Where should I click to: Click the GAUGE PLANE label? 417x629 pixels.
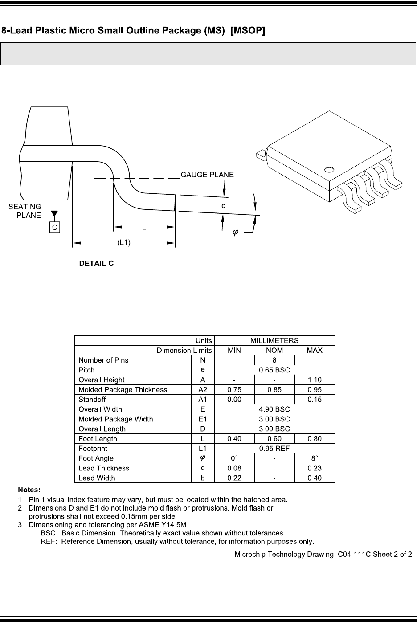(x=207, y=175)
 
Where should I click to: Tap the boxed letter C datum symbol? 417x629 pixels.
(x=55, y=227)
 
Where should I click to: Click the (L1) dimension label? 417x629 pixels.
(x=123, y=243)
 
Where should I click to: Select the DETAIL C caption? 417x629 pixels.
(x=96, y=264)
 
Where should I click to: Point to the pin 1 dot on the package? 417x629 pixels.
(x=329, y=169)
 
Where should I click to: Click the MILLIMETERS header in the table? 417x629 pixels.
(x=274, y=340)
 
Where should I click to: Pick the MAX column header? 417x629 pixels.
(x=315, y=350)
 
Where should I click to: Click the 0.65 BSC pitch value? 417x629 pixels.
(x=274, y=370)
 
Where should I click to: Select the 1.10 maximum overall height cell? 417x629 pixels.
(x=315, y=380)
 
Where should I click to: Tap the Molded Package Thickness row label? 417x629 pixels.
(x=123, y=389)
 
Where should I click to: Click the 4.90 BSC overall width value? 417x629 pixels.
(x=274, y=409)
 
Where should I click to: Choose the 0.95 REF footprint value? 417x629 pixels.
(x=274, y=448)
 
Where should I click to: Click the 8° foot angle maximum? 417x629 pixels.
(x=315, y=458)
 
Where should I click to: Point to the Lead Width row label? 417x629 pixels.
(x=97, y=478)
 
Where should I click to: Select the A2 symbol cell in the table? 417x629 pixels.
(x=203, y=389)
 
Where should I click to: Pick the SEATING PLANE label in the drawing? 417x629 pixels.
(x=25, y=211)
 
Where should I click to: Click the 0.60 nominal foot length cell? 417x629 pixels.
(x=274, y=438)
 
